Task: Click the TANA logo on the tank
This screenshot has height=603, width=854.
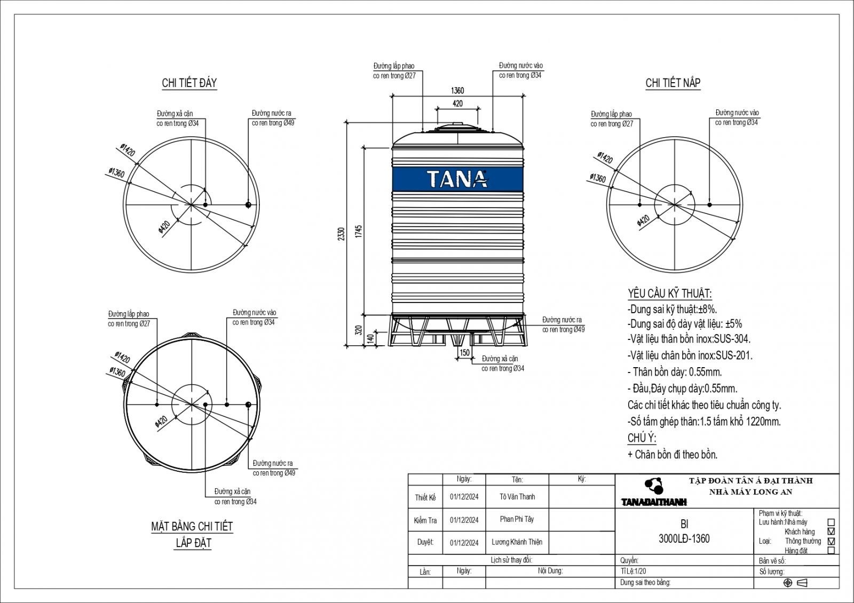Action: click(x=457, y=179)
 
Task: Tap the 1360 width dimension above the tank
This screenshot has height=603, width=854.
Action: click(x=457, y=90)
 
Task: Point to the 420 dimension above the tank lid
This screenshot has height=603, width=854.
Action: click(x=457, y=104)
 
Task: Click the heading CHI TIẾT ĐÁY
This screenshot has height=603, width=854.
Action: click(x=189, y=83)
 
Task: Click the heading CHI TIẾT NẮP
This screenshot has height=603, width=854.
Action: click(x=673, y=83)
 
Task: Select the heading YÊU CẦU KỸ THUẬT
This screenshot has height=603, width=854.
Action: click(x=669, y=293)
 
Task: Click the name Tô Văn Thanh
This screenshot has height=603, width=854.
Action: click(x=517, y=497)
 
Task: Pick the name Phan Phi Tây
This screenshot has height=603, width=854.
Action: click(x=517, y=519)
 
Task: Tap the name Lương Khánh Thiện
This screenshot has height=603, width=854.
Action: click(x=517, y=542)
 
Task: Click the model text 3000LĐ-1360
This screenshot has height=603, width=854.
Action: click(x=684, y=538)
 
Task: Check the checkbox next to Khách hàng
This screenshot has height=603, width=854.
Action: click(x=831, y=531)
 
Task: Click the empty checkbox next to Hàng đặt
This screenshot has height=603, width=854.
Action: click(x=831, y=550)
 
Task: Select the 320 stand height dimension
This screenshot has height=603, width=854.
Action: click(x=358, y=330)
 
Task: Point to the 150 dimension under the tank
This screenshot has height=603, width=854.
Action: click(x=464, y=353)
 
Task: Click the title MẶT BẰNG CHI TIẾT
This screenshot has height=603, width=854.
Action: click(x=192, y=527)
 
